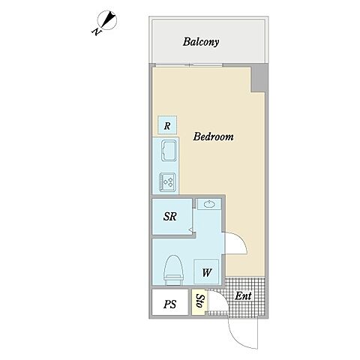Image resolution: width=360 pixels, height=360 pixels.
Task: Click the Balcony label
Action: click(x=201, y=42)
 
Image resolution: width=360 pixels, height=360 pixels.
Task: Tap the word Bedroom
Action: click(x=213, y=136)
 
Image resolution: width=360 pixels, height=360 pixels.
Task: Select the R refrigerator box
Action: click(x=167, y=124)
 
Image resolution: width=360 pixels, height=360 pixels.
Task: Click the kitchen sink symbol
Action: click(x=169, y=150)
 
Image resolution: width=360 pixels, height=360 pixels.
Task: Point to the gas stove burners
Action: click(x=168, y=182)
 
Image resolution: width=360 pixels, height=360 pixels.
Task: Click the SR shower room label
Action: click(x=170, y=217)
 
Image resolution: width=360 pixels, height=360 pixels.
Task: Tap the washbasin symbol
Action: click(x=209, y=204)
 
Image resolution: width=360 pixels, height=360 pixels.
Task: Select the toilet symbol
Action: click(x=172, y=270)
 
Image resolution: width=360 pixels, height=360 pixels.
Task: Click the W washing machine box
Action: click(x=206, y=271)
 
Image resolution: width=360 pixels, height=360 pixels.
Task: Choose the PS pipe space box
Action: click(x=169, y=302)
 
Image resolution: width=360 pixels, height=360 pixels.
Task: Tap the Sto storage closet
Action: click(x=199, y=301)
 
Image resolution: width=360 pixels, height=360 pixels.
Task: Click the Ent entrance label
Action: click(x=243, y=296)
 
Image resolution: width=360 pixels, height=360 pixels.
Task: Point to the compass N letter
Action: click(x=97, y=31)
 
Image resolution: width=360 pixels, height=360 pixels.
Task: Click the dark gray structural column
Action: click(x=258, y=78)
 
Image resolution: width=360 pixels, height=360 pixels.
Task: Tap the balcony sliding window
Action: click(x=188, y=65)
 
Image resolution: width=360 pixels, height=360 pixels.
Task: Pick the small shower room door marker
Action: click(x=190, y=229)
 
